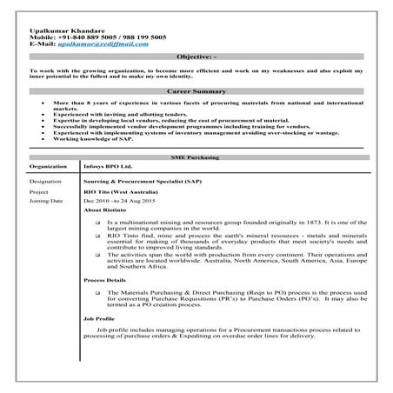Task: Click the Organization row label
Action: pyautogui.click(x=48, y=165)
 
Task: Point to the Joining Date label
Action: pyautogui.click(x=46, y=201)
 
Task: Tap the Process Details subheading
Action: pyautogui.click(x=104, y=281)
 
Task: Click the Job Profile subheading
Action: pyautogui.click(x=97, y=318)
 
